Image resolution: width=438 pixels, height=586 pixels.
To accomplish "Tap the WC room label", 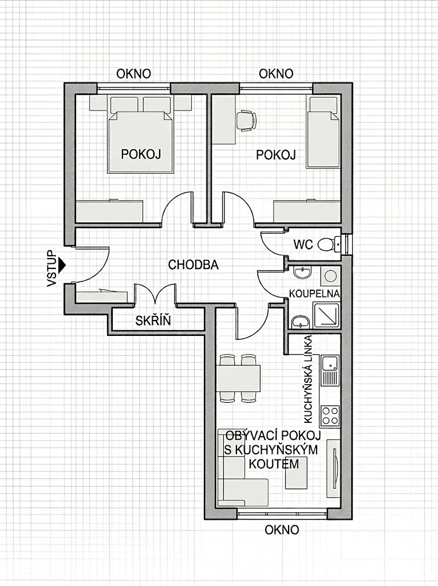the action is click(303, 244).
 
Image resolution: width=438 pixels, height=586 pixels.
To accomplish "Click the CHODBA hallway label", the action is click(193, 264).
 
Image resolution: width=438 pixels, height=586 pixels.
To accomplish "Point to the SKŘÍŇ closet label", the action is click(153, 320).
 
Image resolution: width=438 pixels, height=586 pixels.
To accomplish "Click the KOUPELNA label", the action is click(314, 294).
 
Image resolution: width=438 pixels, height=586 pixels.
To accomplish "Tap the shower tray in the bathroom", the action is click(326, 315).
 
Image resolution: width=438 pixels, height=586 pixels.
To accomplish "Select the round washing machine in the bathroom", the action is click(330, 276).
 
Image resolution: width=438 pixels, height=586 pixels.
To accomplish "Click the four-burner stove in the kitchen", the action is click(330, 417).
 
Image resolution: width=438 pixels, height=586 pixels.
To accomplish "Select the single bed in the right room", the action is click(323, 132).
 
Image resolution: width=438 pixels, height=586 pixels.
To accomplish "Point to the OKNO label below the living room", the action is click(282, 529).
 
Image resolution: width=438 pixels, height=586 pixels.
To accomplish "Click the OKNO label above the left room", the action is click(133, 74).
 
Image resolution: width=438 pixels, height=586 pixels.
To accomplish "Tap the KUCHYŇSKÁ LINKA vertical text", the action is click(309, 379).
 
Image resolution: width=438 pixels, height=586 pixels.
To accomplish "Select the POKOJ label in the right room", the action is click(276, 155).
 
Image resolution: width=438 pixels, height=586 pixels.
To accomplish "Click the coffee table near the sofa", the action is click(296, 473).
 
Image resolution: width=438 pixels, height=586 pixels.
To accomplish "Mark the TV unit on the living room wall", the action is click(333, 469).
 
